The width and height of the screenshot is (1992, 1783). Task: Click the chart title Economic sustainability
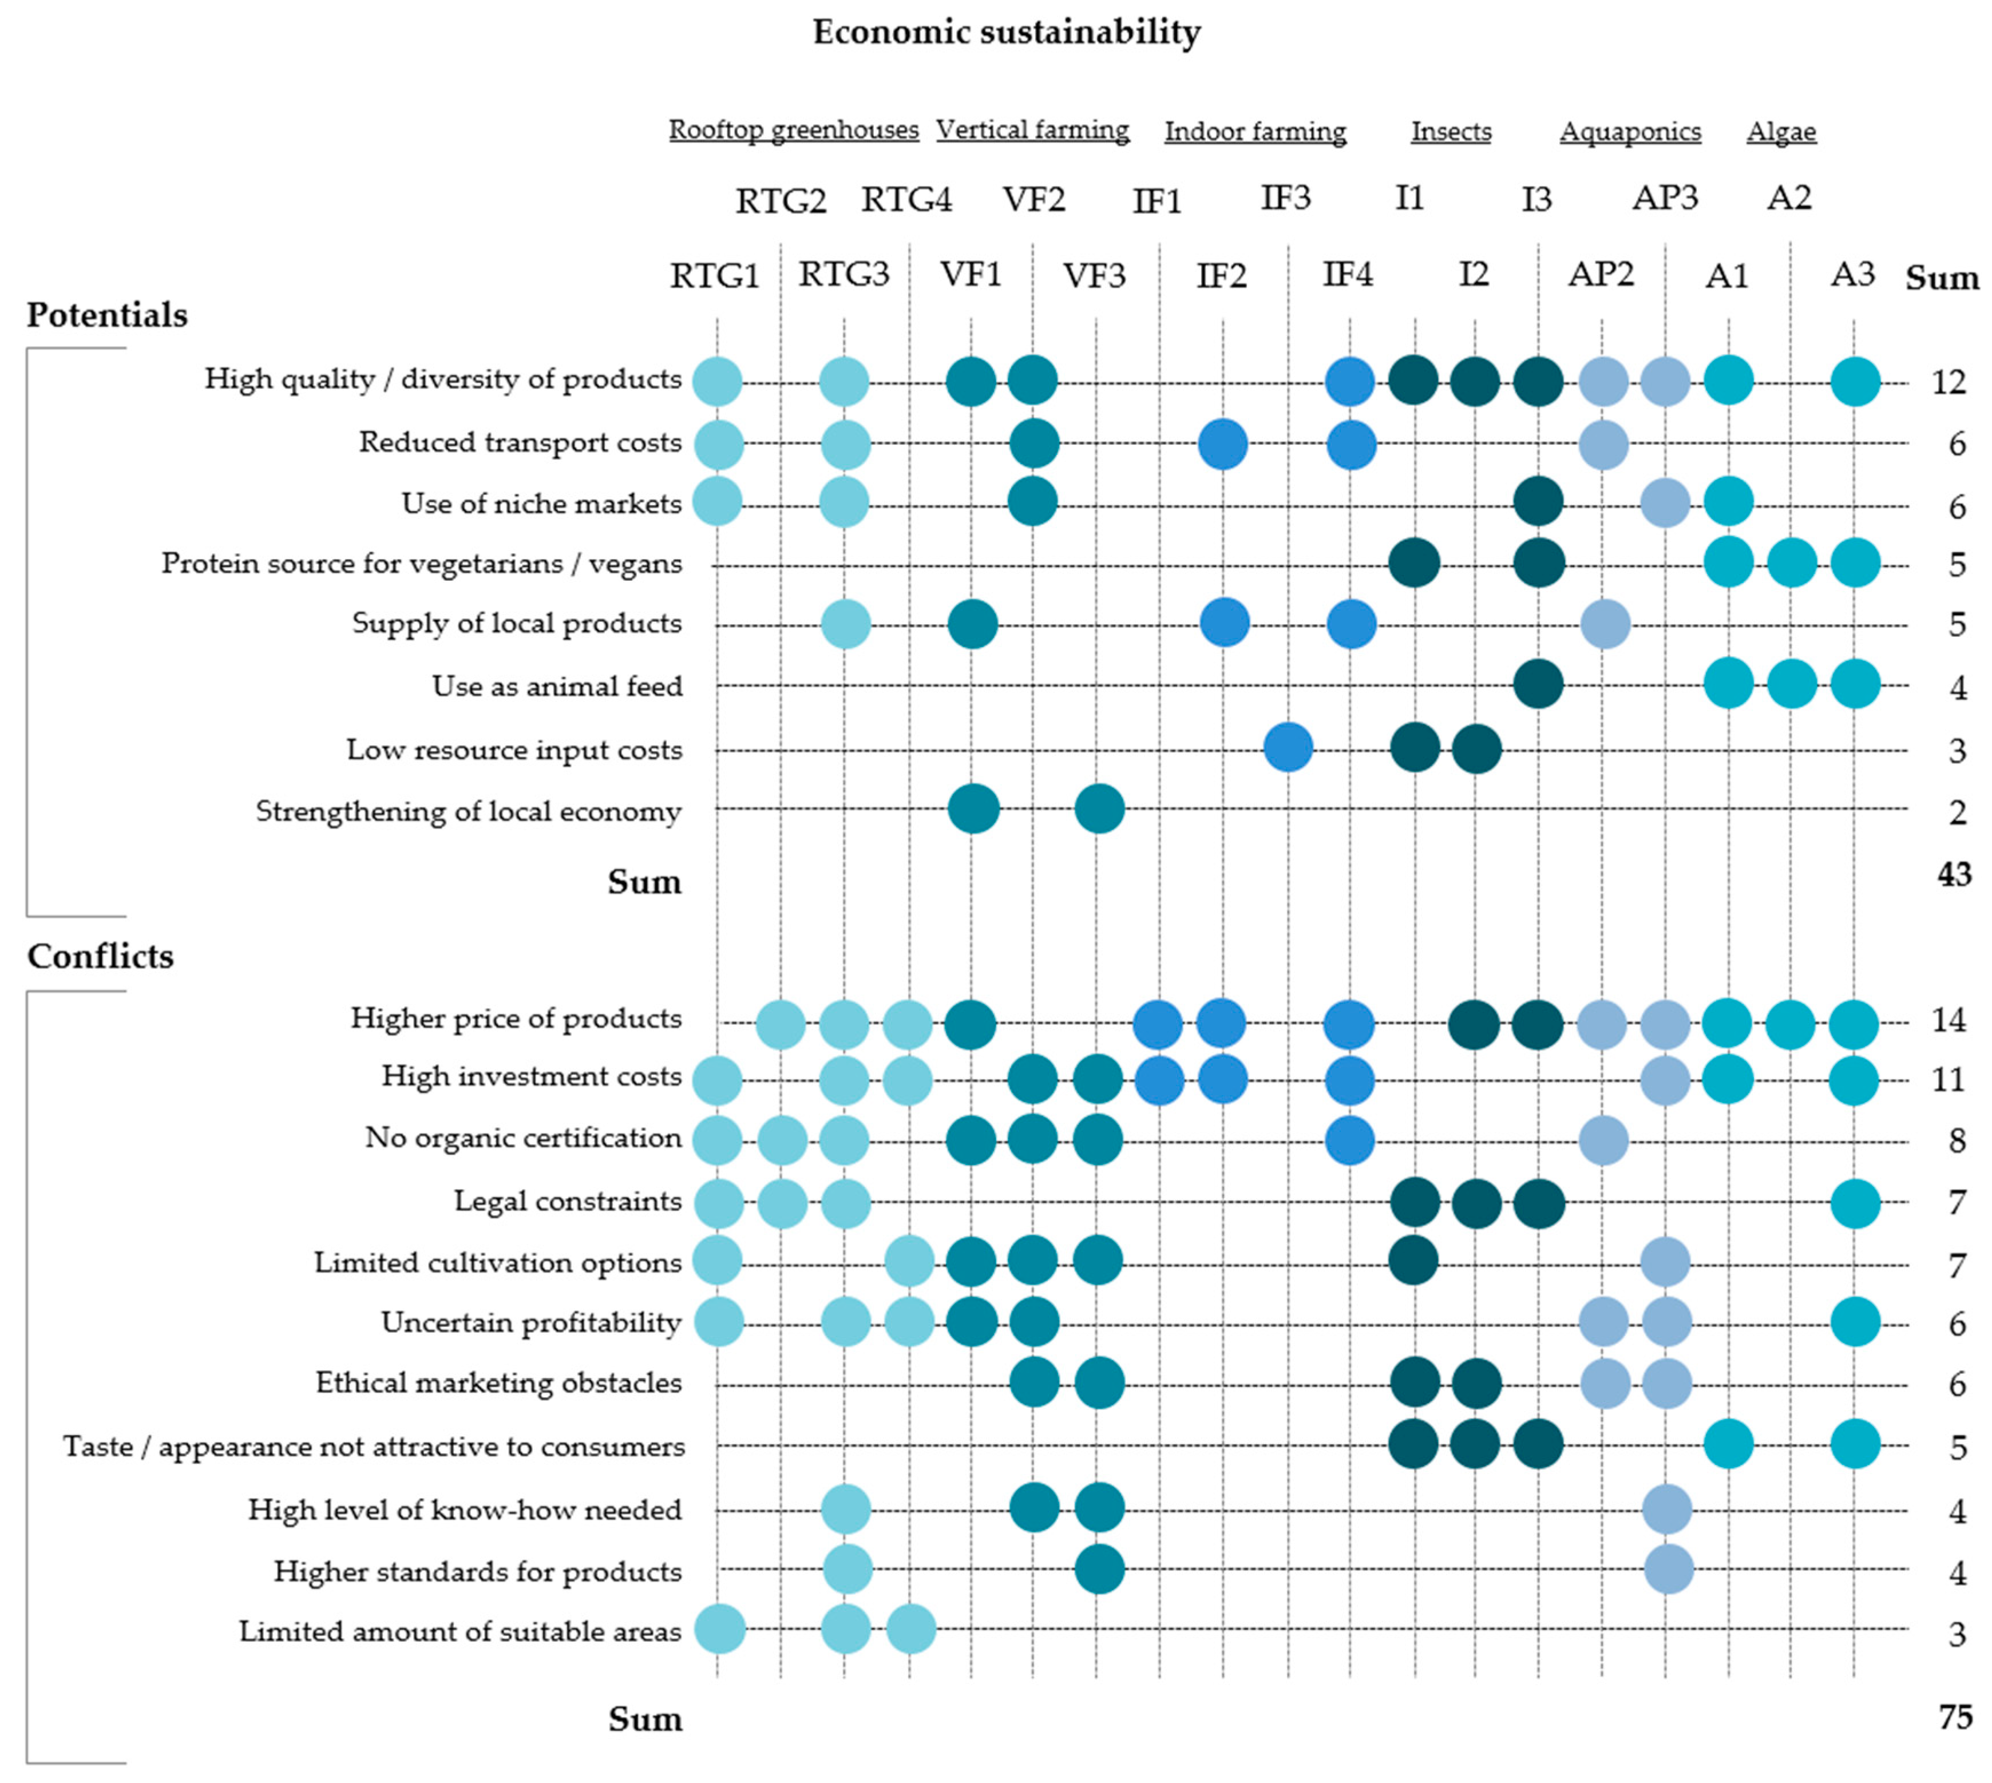[1005, 32]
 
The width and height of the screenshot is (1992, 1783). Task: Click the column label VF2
[1033, 200]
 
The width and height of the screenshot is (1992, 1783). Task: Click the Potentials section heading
[107, 315]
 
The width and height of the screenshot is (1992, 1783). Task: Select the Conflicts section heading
[100, 956]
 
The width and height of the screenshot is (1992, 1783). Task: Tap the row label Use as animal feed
[557, 686]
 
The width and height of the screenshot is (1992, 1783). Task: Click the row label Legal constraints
[567, 1201]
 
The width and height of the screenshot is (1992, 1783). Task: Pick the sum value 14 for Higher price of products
[1948, 1021]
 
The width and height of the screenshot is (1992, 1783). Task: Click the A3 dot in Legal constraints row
[1854, 1203]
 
